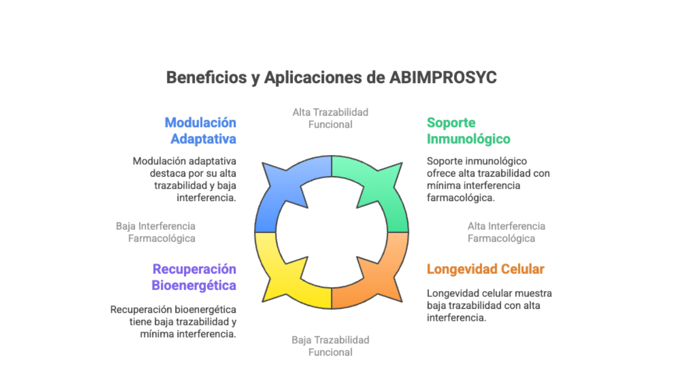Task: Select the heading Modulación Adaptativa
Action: (200, 131)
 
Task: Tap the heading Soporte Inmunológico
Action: (468, 131)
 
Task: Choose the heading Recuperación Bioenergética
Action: (194, 277)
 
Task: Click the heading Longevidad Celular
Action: (485, 269)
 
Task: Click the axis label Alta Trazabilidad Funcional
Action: (330, 118)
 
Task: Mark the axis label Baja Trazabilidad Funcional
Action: (330, 346)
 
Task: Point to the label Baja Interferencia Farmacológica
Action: (156, 232)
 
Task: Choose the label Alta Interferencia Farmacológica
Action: (506, 232)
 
